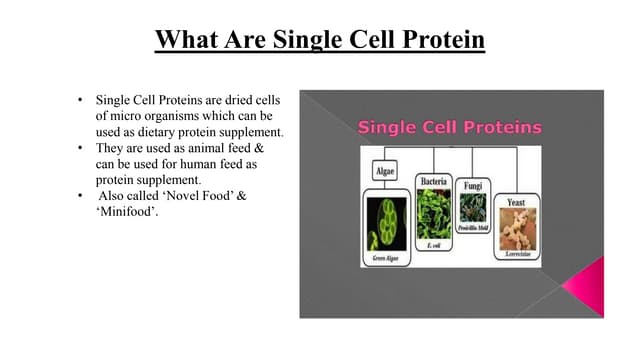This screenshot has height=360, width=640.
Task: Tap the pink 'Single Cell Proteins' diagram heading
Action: pyautogui.click(x=449, y=127)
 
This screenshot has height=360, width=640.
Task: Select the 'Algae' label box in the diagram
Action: pyautogui.click(x=385, y=172)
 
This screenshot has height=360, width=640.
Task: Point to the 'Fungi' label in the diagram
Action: pyautogui.click(x=472, y=186)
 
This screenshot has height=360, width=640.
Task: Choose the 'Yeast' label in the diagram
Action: pyautogui.click(x=516, y=202)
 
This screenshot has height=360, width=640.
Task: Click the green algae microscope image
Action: pyautogui.click(x=385, y=225)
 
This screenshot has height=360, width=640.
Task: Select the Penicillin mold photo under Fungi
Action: pyautogui.click(x=472, y=208)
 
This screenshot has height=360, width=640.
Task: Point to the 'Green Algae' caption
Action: pyautogui.click(x=385, y=258)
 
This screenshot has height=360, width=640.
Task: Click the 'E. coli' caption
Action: pyautogui.click(x=433, y=246)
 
